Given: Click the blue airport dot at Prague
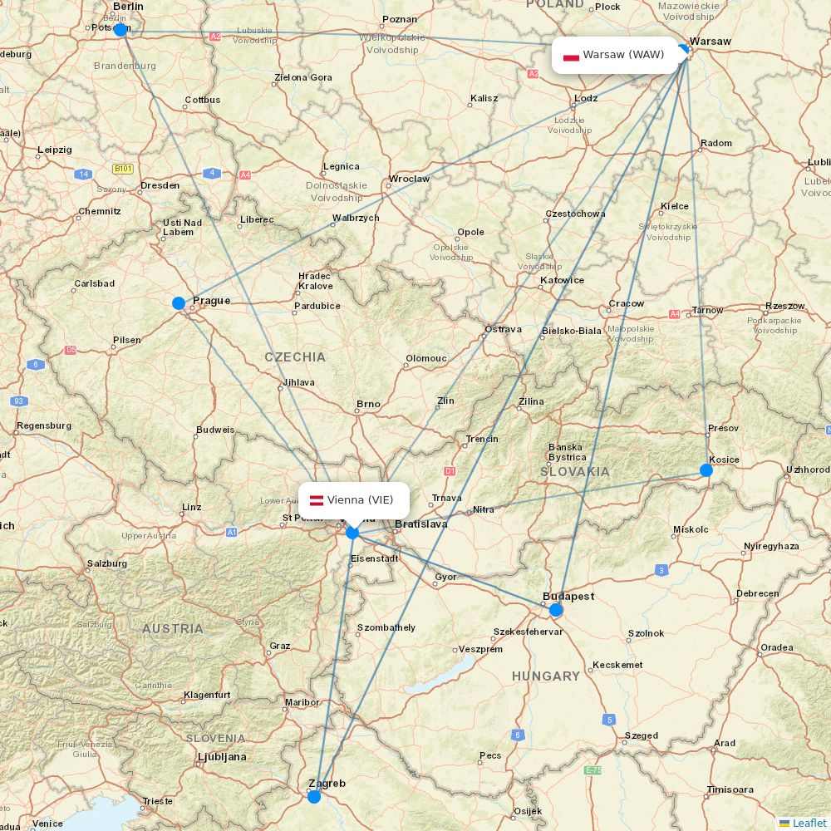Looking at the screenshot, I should tap(179, 303).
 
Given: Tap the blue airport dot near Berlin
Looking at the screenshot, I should tap(120, 30).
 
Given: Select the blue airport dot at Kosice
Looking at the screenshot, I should tap(706, 470).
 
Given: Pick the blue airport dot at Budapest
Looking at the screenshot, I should tap(556, 610).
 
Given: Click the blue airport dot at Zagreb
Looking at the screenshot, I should tap(314, 797).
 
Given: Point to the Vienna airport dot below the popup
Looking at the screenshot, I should tap(352, 533).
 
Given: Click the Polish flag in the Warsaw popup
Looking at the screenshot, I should tap(571, 56).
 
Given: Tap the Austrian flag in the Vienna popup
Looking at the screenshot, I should tap(316, 500).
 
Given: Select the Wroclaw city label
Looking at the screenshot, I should tap(409, 179).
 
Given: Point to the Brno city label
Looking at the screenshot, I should tap(368, 405).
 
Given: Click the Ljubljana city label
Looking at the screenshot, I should tap(222, 757).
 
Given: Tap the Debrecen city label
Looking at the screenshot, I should tap(757, 593).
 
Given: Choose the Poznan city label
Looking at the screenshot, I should tap(400, 19).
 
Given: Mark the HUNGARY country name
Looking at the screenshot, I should tap(546, 676).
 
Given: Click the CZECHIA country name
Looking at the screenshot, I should tap(295, 357).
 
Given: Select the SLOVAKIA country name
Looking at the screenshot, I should tap(575, 471).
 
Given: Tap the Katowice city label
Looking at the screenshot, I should tap(562, 280).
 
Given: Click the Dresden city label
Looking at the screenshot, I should tap(160, 185).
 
